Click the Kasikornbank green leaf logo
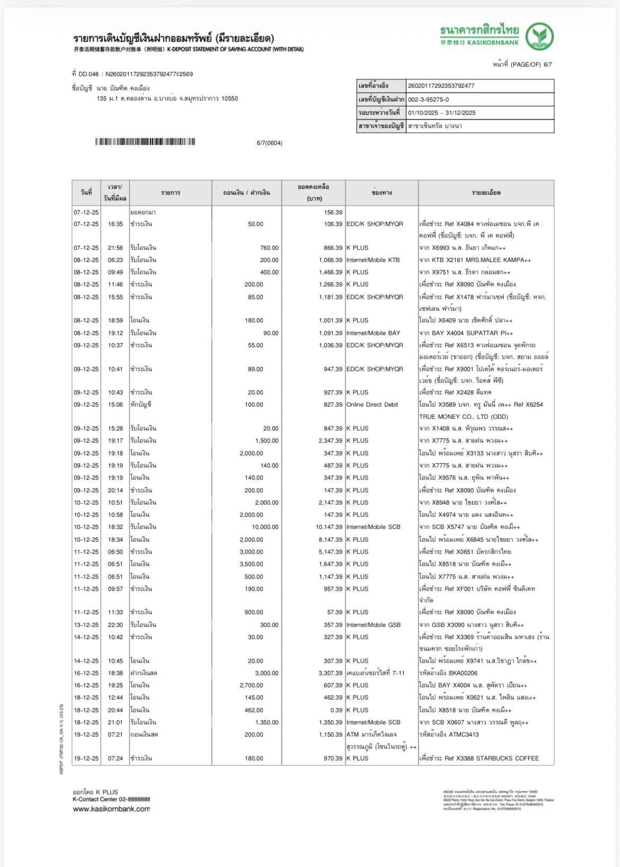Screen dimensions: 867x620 [539, 36]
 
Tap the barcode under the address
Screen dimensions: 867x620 [145, 142]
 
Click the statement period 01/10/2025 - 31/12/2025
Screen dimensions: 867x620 [441, 113]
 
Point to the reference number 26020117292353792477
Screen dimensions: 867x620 [441, 86]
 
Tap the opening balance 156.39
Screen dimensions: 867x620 [333, 212]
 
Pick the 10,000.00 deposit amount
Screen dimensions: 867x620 [265, 527]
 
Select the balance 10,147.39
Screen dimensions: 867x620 [329, 527]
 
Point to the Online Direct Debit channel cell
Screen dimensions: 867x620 [372, 405]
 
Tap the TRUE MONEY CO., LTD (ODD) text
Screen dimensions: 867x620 [464, 417]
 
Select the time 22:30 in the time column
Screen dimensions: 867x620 [116, 625]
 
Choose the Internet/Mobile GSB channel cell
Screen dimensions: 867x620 [374, 625]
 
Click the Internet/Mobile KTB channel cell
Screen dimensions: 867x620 [373, 260]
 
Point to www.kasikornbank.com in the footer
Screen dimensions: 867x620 [111, 809]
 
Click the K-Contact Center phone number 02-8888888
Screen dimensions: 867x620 [133, 799]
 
